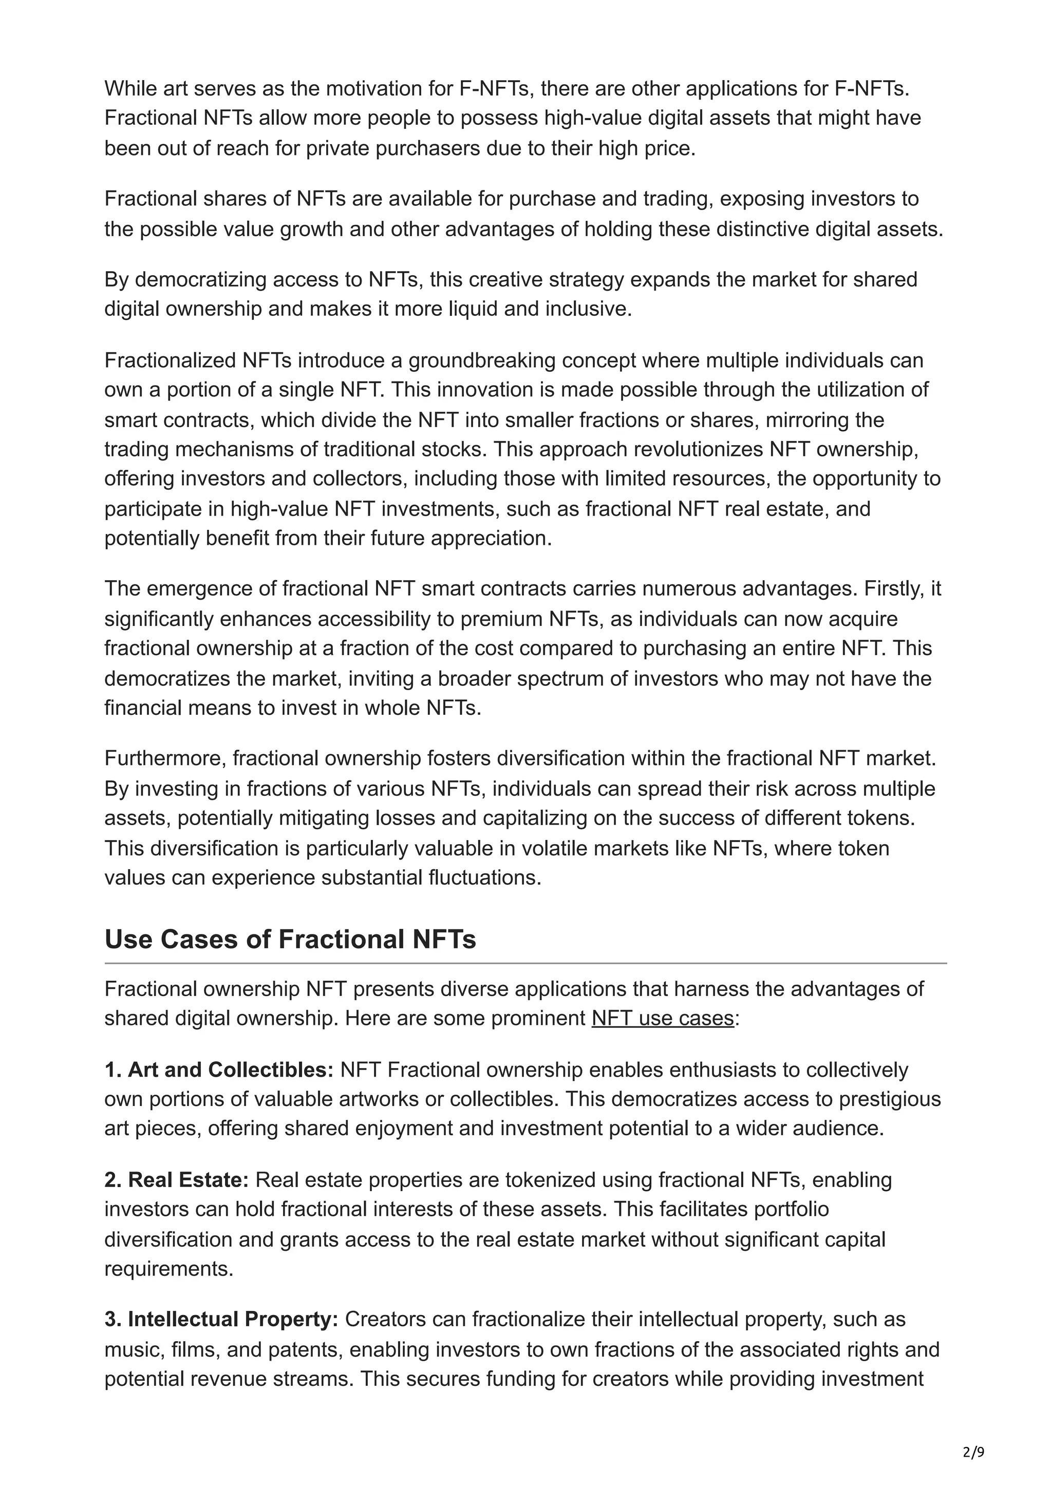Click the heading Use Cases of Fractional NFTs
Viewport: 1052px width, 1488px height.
click(x=290, y=939)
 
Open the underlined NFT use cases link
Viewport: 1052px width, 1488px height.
click(x=663, y=1018)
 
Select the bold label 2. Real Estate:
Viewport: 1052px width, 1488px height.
click(x=176, y=1180)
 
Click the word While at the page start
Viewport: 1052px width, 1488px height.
click(x=129, y=88)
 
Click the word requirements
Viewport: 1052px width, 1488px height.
click(x=168, y=1268)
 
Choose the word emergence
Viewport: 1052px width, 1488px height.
click(x=198, y=588)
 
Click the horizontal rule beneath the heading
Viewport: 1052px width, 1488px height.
click(x=525, y=964)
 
